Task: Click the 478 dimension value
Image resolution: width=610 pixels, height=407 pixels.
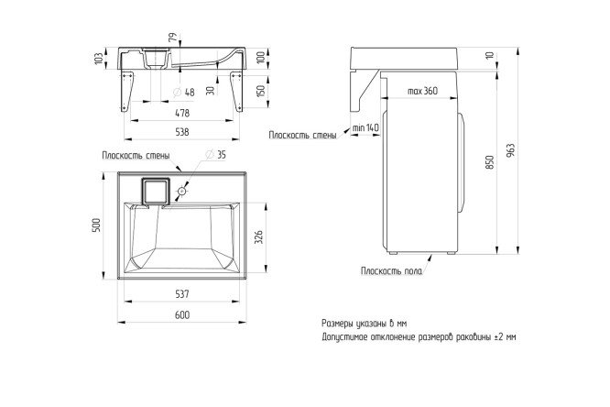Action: (x=182, y=113)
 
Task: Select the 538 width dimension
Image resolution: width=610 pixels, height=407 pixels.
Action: (x=182, y=132)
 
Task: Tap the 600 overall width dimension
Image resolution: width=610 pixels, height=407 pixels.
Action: (x=182, y=315)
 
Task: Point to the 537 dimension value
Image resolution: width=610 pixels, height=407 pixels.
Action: (x=182, y=293)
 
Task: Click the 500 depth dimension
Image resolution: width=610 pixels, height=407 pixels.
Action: (x=96, y=225)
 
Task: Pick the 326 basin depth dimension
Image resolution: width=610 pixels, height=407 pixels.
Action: (x=259, y=237)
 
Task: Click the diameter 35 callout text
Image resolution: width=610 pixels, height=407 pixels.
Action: (x=215, y=155)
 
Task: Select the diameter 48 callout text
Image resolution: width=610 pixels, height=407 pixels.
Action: (x=183, y=93)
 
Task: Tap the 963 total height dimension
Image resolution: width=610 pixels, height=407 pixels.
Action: (x=511, y=150)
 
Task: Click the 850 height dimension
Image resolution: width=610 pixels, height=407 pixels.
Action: (x=490, y=162)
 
